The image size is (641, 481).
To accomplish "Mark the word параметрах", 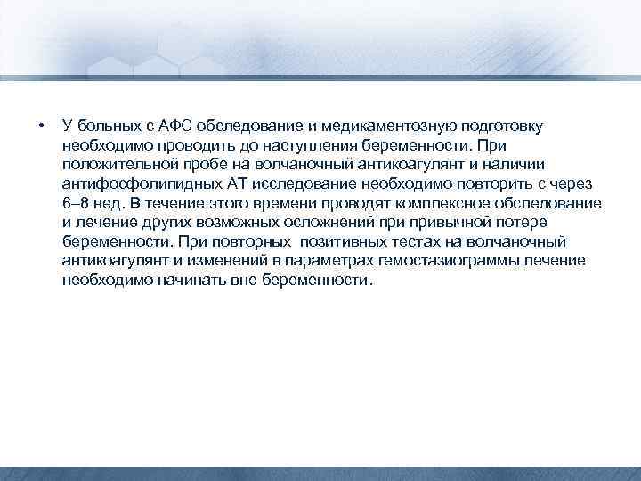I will point(332,261).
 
